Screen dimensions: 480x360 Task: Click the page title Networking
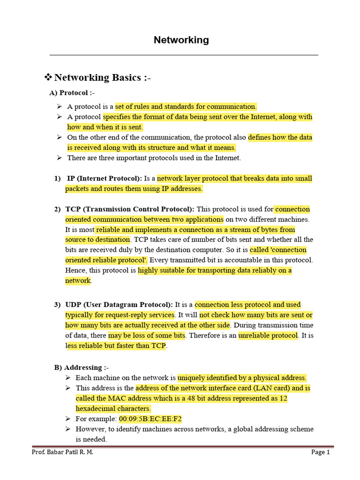click(181, 40)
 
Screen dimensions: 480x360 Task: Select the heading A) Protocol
click(72, 93)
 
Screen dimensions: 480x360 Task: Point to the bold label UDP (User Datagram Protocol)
click(119, 305)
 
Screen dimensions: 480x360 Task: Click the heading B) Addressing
click(81, 367)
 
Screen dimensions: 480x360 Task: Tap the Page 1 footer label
click(321, 452)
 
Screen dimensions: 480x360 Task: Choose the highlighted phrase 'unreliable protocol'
click(268, 336)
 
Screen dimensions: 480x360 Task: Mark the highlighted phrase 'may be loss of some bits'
click(147, 336)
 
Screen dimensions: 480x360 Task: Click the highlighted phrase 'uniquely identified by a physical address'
click(242, 378)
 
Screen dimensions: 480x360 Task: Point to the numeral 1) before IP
click(58, 179)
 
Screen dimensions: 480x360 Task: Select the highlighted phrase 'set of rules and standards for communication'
click(186, 106)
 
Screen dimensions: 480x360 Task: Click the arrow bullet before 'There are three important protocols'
click(59, 158)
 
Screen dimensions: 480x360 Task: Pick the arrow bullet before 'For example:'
click(68, 419)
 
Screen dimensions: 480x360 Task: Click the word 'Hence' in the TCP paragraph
click(75, 270)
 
